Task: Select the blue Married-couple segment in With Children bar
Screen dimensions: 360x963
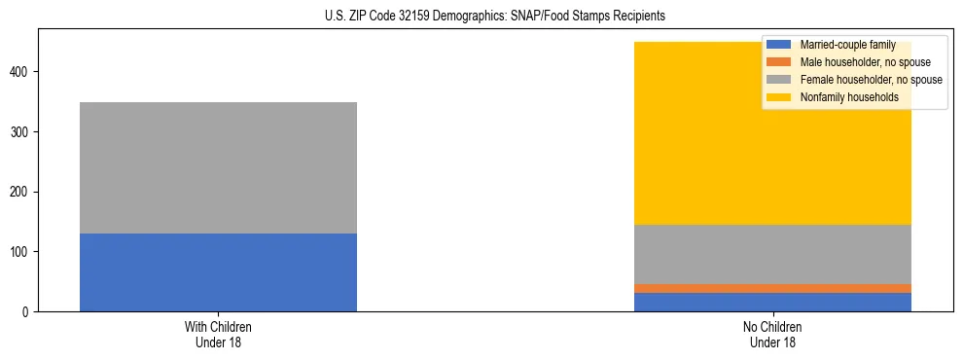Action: click(218, 272)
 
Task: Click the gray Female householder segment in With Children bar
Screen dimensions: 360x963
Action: click(218, 167)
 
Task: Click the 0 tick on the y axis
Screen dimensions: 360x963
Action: click(28, 311)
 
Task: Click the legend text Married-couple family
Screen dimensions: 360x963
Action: click(847, 45)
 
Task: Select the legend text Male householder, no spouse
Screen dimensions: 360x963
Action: click(858, 62)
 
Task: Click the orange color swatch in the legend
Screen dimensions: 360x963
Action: click(780, 62)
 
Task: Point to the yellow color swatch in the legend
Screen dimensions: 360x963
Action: click(780, 97)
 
